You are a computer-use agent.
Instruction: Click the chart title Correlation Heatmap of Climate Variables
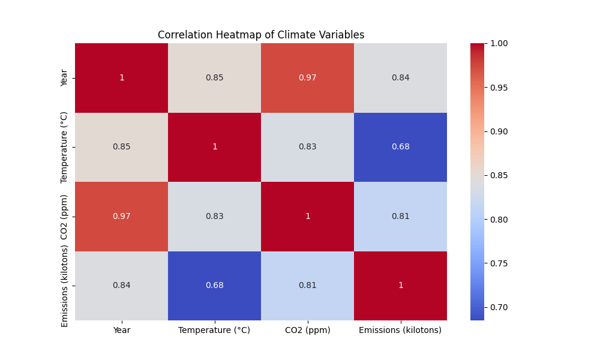[261, 35]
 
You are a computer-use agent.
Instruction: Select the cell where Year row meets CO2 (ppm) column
[307, 78]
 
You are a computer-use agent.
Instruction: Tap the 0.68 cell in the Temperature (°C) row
[400, 147]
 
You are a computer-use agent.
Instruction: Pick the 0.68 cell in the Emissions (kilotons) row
[214, 286]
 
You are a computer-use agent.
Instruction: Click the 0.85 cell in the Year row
[214, 78]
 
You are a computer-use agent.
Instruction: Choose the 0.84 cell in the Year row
[400, 78]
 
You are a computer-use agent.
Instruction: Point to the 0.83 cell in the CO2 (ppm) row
[214, 217]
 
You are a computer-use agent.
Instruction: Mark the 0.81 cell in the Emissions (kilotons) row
[307, 286]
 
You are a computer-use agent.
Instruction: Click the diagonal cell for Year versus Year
[121, 78]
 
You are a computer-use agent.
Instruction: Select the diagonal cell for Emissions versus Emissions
[400, 286]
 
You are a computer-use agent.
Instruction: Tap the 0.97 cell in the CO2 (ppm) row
[121, 217]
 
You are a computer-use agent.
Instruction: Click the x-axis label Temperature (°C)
[214, 330]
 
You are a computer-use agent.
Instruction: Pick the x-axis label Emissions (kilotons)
[400, 330]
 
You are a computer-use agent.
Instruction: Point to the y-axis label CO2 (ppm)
[65, 217]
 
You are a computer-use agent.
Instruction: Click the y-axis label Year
[65, 78]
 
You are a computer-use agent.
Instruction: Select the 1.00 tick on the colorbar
[499, 43]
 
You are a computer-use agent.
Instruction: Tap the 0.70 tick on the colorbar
[499, 307]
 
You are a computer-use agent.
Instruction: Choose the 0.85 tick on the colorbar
[499, 175]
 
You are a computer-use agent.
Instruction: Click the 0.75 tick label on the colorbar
[499, 263]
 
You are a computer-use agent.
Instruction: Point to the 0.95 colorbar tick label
[499, 88]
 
